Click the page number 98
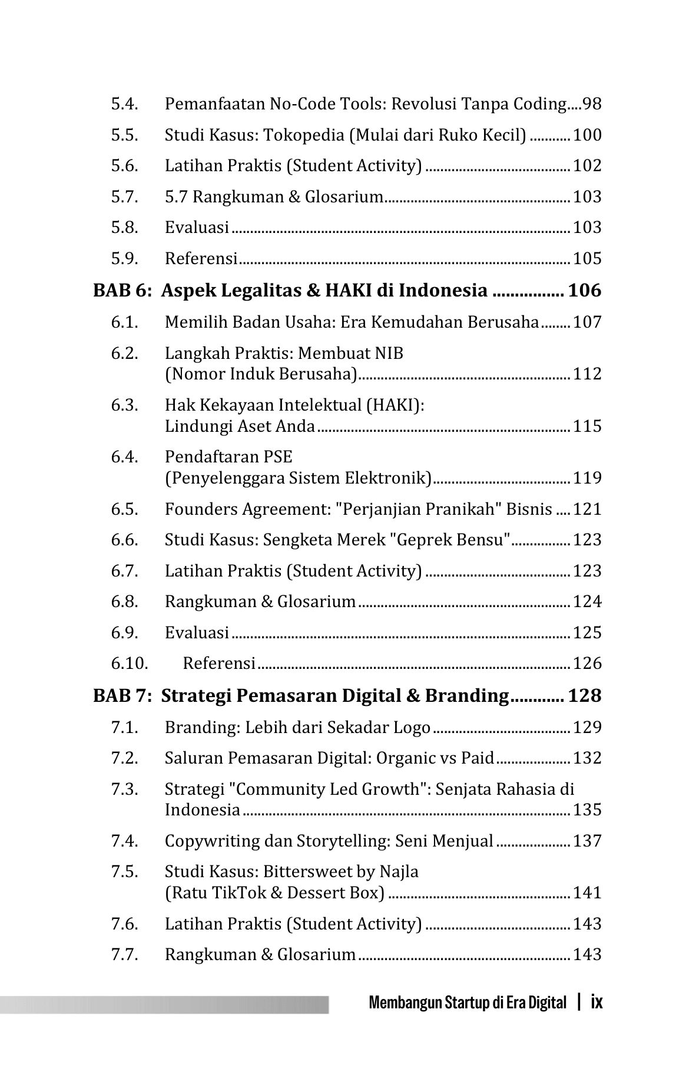click(x=591, y=104)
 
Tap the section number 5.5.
click(x=124, y=135)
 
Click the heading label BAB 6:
click(x=123, y=291)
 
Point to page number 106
click(x=584, y=291)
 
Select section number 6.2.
click(x=124, y=354)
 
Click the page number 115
click(x=587, y=426)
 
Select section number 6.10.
click(x=129, y=664)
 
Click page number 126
click(x=587, y=664)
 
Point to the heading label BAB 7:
click(x=123, y=696)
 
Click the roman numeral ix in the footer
click(x=596, y=1002)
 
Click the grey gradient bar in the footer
click(x=165, y=1004)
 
